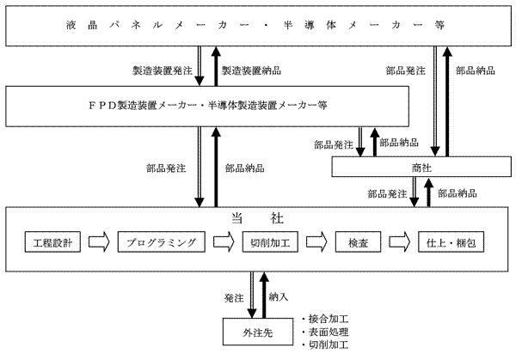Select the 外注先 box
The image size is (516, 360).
[255, 331]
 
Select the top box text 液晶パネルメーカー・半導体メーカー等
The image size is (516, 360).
[258, 25]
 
